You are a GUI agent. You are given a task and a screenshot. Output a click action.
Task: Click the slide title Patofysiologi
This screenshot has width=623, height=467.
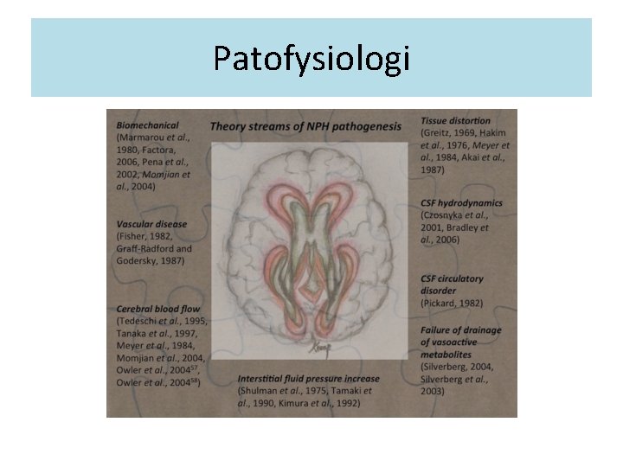click(311, 59)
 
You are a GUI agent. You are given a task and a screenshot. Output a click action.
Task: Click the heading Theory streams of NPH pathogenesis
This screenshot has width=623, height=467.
click(305, 126)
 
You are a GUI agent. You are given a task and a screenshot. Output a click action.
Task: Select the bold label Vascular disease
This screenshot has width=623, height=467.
click(149, 225)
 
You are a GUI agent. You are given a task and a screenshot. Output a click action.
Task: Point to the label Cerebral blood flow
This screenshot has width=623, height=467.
click(157, 309)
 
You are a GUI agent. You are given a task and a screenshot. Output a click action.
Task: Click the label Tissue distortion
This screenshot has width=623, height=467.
click(455, 121)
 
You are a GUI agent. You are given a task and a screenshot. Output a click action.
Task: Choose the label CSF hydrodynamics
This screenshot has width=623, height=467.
click(461, 203)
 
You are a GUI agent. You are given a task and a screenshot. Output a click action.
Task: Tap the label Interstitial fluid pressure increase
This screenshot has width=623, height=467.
click(308, 378)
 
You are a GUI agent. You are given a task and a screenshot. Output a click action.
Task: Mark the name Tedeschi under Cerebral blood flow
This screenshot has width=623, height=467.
click(141, 321)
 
